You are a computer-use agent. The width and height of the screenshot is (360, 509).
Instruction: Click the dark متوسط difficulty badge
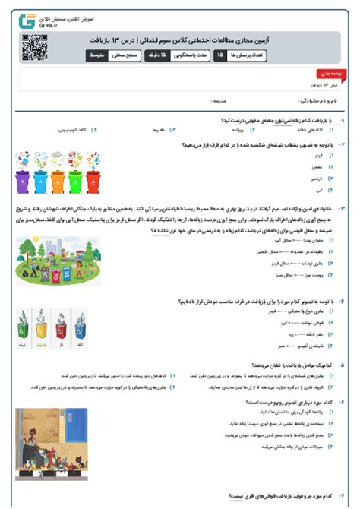tap(98, 55)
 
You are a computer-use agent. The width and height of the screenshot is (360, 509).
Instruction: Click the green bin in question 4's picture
tap(23, 331)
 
